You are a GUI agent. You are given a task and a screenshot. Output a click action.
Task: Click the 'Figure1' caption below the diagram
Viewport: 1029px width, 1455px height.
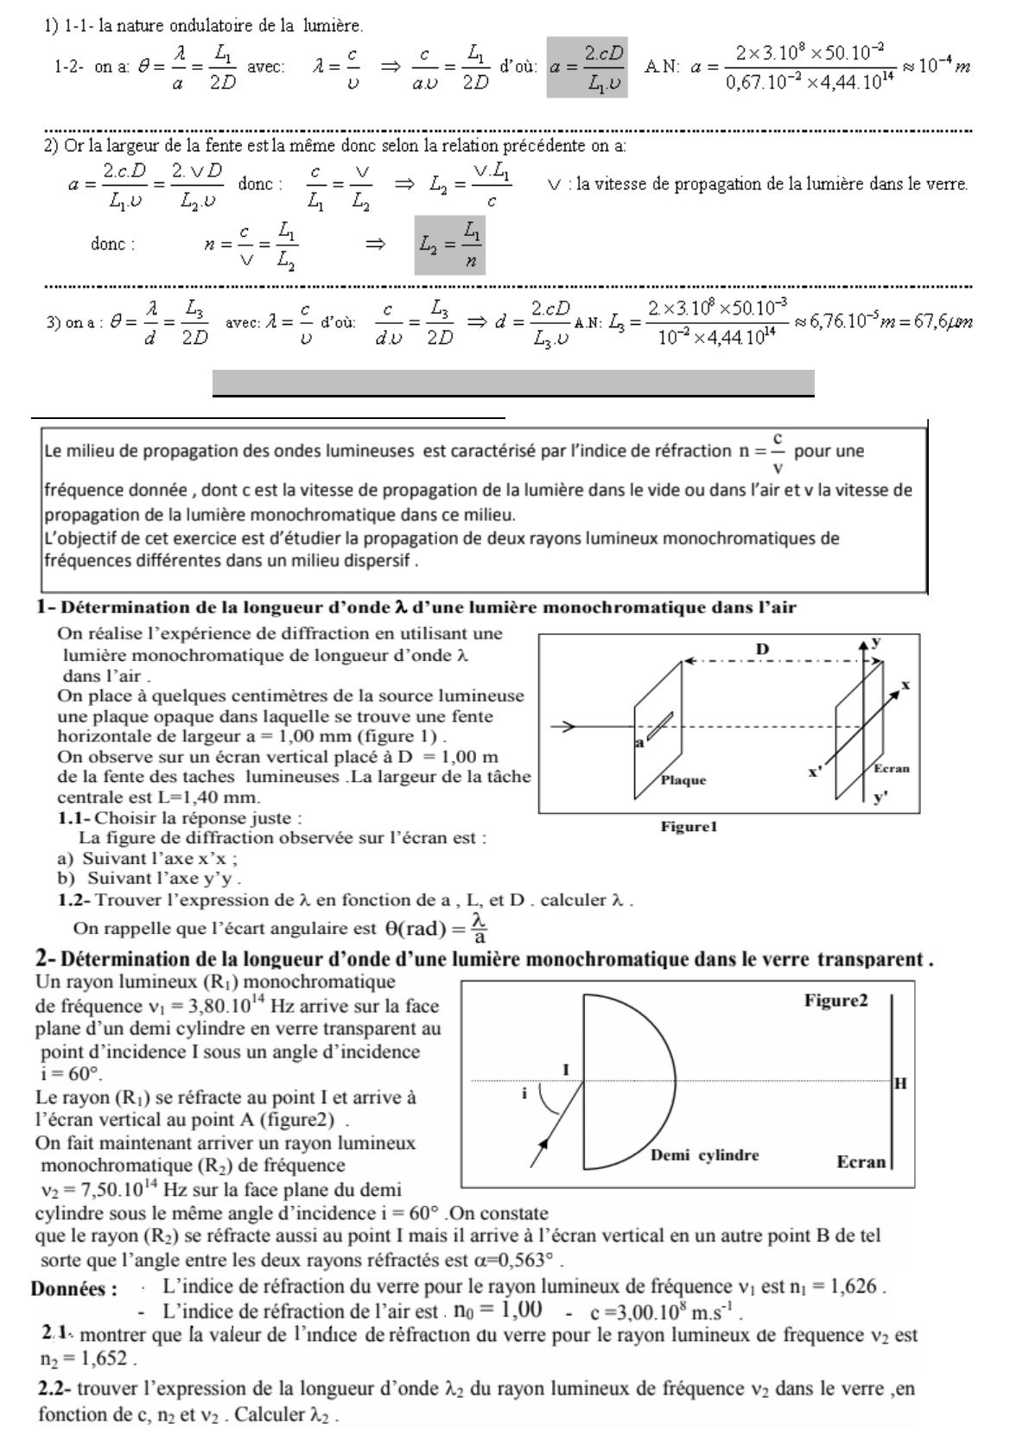coord(689,827)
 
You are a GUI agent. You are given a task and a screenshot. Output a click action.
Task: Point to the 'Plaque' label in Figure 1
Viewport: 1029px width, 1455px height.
coord(683,780)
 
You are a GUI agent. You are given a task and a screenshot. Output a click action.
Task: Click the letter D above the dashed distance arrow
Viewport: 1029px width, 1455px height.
coord(762,649)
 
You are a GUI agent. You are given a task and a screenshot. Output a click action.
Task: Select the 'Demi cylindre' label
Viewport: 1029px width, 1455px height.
coord(705,1155)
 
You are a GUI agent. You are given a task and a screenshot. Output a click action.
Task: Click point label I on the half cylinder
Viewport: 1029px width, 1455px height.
coord(566,1070)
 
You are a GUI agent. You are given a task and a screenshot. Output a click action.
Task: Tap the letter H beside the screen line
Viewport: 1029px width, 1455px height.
coord(900,1083)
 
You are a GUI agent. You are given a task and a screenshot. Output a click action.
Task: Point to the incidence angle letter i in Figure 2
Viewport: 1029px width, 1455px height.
coord(524,1094)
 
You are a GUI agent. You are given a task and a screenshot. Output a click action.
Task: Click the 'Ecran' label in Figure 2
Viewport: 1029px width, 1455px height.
coord(861,1162)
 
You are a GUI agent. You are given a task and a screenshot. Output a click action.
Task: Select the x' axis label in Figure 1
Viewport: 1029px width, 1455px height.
coord(815,772)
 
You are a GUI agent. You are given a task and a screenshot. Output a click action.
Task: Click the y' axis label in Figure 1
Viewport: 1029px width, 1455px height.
coord(880,798)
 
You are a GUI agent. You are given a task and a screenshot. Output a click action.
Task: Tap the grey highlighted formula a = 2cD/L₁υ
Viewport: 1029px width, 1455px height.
coord(588,67)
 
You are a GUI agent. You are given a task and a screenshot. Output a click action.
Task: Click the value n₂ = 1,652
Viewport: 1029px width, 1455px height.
coord(87,1359)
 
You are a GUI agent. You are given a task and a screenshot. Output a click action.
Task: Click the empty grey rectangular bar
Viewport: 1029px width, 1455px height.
coord(513,383)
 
